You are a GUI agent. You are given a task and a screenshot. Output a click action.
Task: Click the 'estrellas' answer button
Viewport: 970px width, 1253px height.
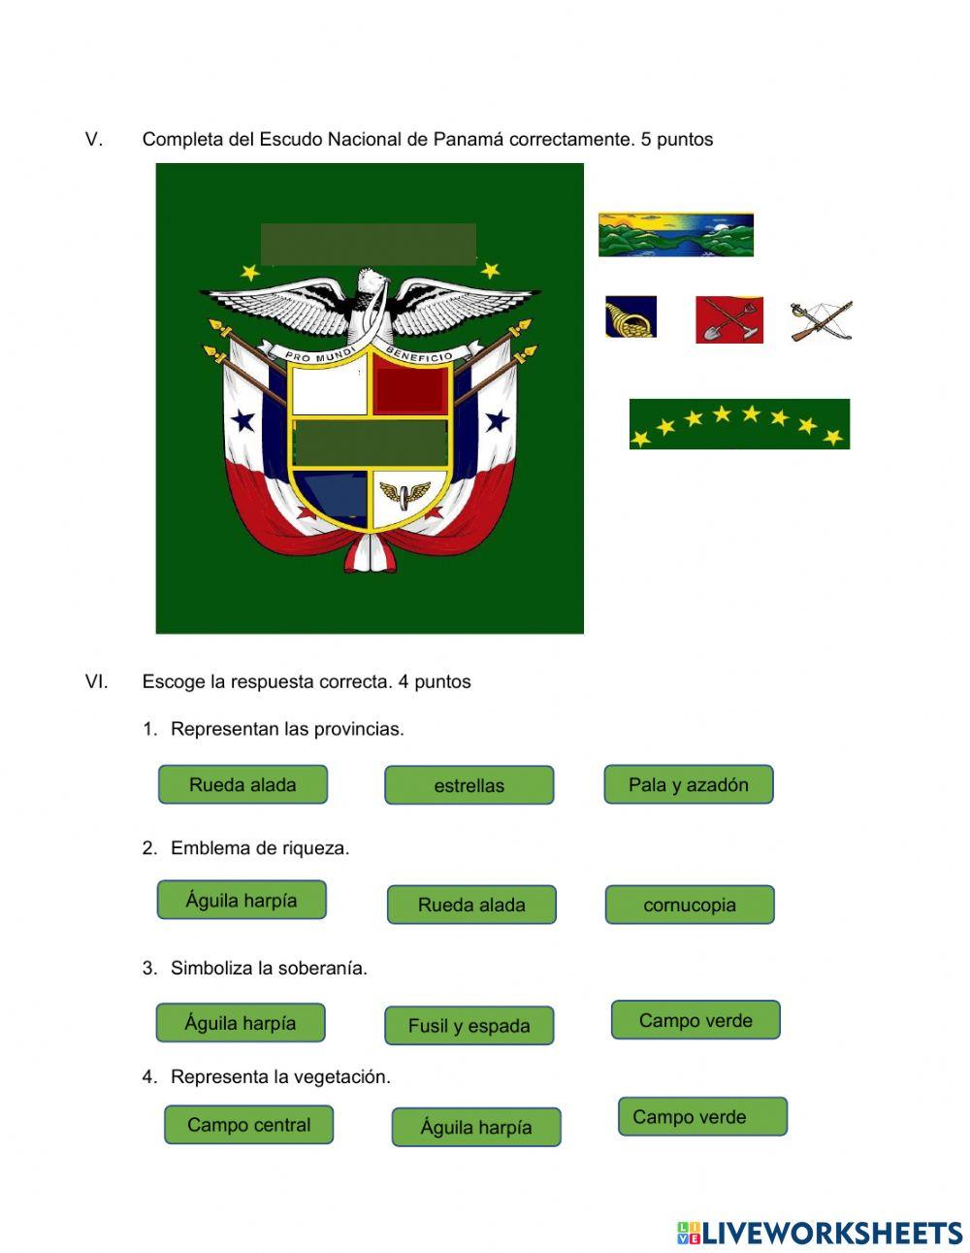pyautogui.click(x=469, y=785)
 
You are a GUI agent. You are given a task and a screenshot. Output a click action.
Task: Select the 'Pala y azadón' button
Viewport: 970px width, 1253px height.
pyautogui.click(x=688, y=784)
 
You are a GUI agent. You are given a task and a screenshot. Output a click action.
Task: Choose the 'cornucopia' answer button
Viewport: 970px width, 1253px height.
pyautogui.click(x=689, y=905)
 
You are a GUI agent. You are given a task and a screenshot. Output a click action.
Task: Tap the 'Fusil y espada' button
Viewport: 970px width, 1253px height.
pyautogui.click(x=469, y=1026)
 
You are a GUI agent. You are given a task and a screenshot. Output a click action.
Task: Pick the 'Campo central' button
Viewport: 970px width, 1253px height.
pyautogui.click(x=248, y=1125)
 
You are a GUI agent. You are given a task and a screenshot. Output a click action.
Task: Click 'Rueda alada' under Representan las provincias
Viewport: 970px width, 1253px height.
pyautogui.click(x=242, y=784)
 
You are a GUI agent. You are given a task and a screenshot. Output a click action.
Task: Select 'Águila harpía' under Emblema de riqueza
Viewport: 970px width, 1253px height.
pyautogui.click(x=242, y=900)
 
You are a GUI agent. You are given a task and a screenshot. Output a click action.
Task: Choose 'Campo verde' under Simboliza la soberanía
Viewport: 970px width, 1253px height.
pyautogui.click(x=695, y=1020)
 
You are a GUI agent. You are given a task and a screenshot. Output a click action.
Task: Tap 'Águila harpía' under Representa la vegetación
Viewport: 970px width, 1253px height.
pyautogui.click(x=475, y=1127)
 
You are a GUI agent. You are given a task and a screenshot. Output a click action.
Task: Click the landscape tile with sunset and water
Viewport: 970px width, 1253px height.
pyautogui.click(x=675, y=234)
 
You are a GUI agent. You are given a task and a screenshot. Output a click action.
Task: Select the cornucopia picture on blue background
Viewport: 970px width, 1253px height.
pyautogui.click(x=630, y=317)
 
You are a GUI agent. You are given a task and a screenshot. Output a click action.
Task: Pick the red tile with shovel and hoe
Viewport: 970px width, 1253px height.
pyautogui.click(x=728, y=319)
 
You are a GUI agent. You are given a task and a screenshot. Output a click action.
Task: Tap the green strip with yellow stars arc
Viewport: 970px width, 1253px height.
pyautogui.click(x=739, y=424)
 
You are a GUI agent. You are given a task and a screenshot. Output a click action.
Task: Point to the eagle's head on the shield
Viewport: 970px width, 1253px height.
pyautogui.click(x=370, y=280)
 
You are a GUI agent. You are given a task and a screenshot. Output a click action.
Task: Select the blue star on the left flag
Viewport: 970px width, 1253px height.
pyautogui.click(x=242, y=421)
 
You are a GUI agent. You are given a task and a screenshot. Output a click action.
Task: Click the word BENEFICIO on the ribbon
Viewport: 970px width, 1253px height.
pyautogui.click(x=418, y=352)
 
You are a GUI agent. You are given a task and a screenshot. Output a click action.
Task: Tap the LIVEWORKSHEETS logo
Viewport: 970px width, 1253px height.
pyautogui.click(x=820, y=1233)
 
